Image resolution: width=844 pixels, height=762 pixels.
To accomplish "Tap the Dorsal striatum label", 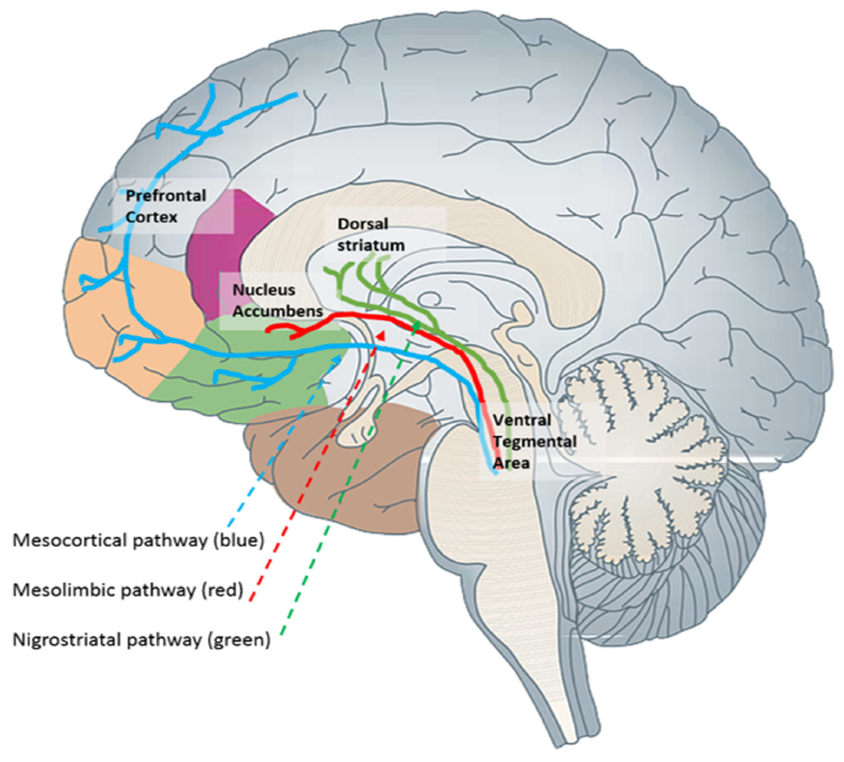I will point(370,235).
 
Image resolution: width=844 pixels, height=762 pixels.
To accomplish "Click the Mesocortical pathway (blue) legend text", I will point(139,540).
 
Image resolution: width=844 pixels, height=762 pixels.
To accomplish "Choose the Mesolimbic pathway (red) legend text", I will point(128,590).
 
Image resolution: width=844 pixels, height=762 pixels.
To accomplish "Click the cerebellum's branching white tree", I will point(640,452).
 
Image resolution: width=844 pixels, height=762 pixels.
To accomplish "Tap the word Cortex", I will point(152,217).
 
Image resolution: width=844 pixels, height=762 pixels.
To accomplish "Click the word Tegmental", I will point(535,441).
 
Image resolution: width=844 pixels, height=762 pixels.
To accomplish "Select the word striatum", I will point(370,245).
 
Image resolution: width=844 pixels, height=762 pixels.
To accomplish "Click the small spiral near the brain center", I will point(431,300).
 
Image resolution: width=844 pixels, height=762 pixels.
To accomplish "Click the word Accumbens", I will point(278,312).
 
